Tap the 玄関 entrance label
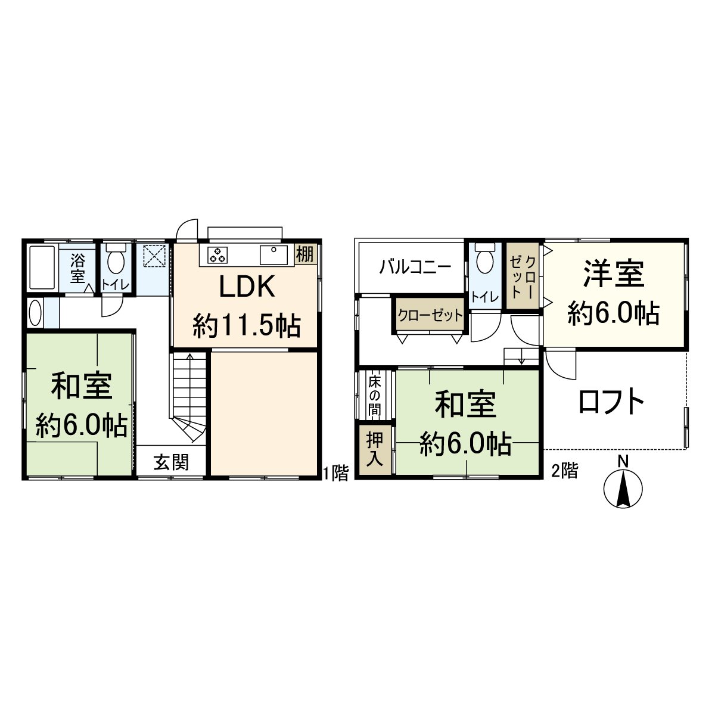click(172, 462)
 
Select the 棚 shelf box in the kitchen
click(305, 254)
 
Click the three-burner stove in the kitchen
click(217, 255)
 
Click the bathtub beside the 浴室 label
click(41, 267)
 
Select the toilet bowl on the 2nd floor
click(486, 260)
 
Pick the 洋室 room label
click(614, 273)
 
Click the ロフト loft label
click(611, 402)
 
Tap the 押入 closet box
click(375, 449)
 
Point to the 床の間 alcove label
click(374, 395)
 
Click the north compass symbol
click(623, 489)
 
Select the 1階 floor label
click(335, 473)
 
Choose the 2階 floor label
click(564, 471)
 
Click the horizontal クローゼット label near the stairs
click(430, 315)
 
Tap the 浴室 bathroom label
click(77, 268)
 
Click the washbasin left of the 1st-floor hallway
click(35, 313)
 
